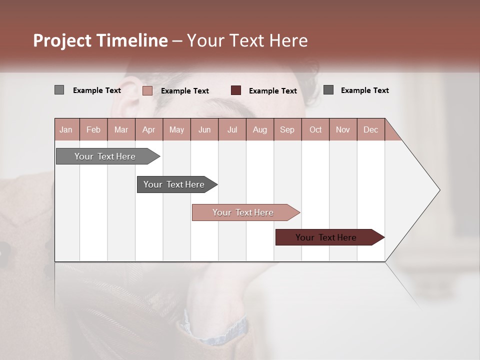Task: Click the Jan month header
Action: pyautogui.click(x=66, y=129)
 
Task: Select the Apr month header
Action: pyautogui.click(x=149, y=129)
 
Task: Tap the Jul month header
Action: pyautogui.click(x=232, y=129)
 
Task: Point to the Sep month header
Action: pyautogui.click(x=287, y=129)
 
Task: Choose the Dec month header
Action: pyautogui.click(x=370, y=129)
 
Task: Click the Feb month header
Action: pyautogui.click(x=93, y=129)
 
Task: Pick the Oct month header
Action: pyautogui.click(x=315, y=129)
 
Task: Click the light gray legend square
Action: pyautogui.click(x=59, y=90)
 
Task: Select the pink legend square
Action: pyautogui.click(x=147, y=90)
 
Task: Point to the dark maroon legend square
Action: pyautogui.click(x=236, y=90)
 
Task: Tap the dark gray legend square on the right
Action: pyautogui.click(x=328, y=90)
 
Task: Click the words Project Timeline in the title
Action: pyautogui.click(x=100, y=40)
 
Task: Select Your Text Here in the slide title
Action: pyautogui.click(x=247, y=40)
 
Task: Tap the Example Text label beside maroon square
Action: pyautogui.click(x=272, y=91)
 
